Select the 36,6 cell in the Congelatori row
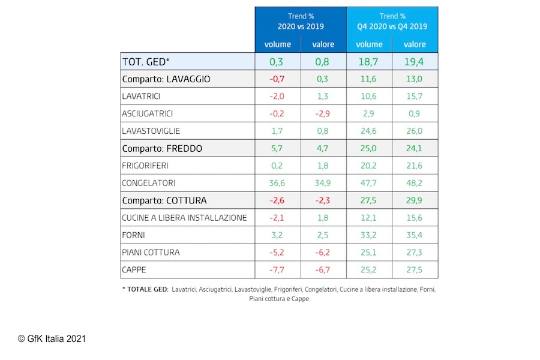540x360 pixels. pyautogui.click(x=277, y=183)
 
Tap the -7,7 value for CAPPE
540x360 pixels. pyautogui.click(x=277, y=270)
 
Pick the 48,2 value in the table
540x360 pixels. pyautogui.click(x=415, y=183)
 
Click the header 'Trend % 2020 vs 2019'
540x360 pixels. pyautogui.click(x=301, y=22)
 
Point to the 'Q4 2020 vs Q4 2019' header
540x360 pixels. pyautogui.click(x=392, y=26)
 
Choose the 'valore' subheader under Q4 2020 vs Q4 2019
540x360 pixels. pyautogui.click(x=415, y=44)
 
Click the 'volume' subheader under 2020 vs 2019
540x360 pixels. pyautogui.click(x=277, y=44)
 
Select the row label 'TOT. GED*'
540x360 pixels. pyautogui.click(x=145, y=61)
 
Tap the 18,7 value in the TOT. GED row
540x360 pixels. pyautogui.click(x=369, y=61)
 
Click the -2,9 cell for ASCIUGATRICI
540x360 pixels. pyautogui.click(x=323, y=113)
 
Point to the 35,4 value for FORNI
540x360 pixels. pyautogui.click(x=415, y=235)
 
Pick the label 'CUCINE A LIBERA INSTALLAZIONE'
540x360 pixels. pyautogui.click(x=184, y=218)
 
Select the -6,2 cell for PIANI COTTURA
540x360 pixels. pyautogui.click(x=323, y=253)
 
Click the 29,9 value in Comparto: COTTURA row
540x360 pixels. pyautogui.click(x=415, y=200)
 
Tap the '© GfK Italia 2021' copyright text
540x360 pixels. pyautogui.click(x=52, y=339)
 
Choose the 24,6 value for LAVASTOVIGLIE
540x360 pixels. pyautogui.click(x=369, y=131)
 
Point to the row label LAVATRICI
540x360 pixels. pyautogui.click(x=141, y=96)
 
